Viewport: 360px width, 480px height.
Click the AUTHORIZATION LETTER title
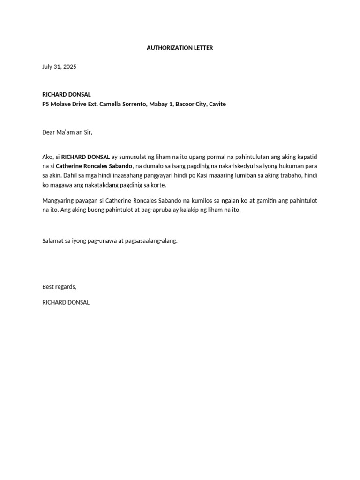point(180,48)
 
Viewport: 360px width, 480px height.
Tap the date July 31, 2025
point(59,67)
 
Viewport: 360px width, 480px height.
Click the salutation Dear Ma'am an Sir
point(67,132)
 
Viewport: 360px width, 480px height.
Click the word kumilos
point(200,201)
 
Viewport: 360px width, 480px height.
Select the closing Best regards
point(59,287)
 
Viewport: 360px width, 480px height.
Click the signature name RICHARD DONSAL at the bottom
point(66,302)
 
